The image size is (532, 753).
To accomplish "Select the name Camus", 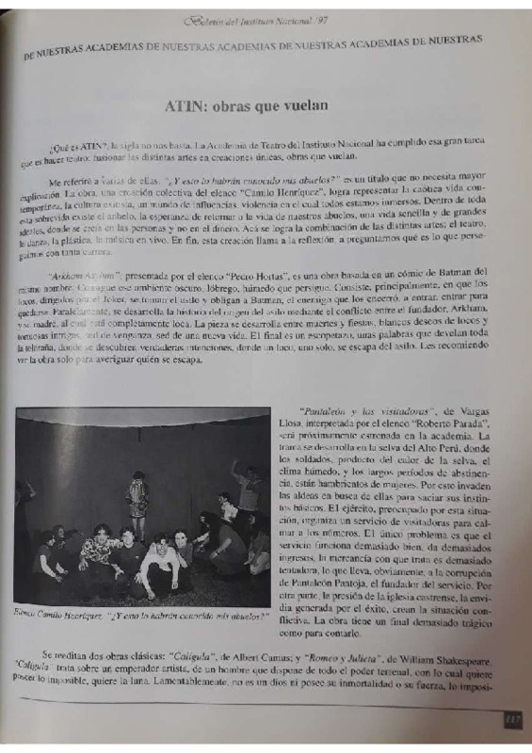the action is (x=265, y=661).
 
